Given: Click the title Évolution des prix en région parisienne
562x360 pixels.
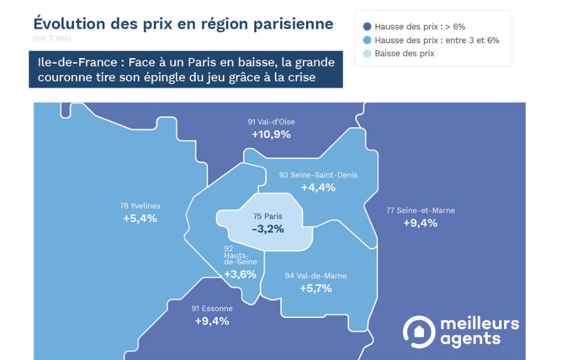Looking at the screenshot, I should (x=183, y=24).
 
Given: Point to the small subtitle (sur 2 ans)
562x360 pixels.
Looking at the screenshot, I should (x=52, y=38).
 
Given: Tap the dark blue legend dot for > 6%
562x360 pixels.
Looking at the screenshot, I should (x=367, y=27).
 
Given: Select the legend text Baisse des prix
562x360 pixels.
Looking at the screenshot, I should (x=404, y=54).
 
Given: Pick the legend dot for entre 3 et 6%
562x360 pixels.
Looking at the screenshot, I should (x=367, y=41).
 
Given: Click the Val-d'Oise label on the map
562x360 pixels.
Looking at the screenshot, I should (x=271, y=122).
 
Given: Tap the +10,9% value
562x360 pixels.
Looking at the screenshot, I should (x=271, y=134).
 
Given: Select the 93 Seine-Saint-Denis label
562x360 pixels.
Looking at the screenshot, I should (x=318, y=175).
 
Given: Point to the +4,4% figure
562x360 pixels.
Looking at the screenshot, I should (x=318, y=187).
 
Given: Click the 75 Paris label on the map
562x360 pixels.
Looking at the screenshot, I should (x=268, y=216).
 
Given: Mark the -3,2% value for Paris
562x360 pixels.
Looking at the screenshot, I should (x=268, y=229).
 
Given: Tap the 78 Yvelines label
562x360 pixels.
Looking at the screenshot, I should (x=140, y=206).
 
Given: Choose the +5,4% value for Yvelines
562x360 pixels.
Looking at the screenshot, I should (x=140, y=218).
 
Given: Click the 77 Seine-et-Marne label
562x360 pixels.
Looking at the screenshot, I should (x=420, y=210).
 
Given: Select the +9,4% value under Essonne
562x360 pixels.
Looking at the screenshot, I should (x=212, y=321).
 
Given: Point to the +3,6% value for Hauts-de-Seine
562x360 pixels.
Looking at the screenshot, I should (x=240, y=275).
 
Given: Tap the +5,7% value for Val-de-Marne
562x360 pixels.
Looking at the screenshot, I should (x=315, y=288).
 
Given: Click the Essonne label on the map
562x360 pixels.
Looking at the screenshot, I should (x=212, y=308).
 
